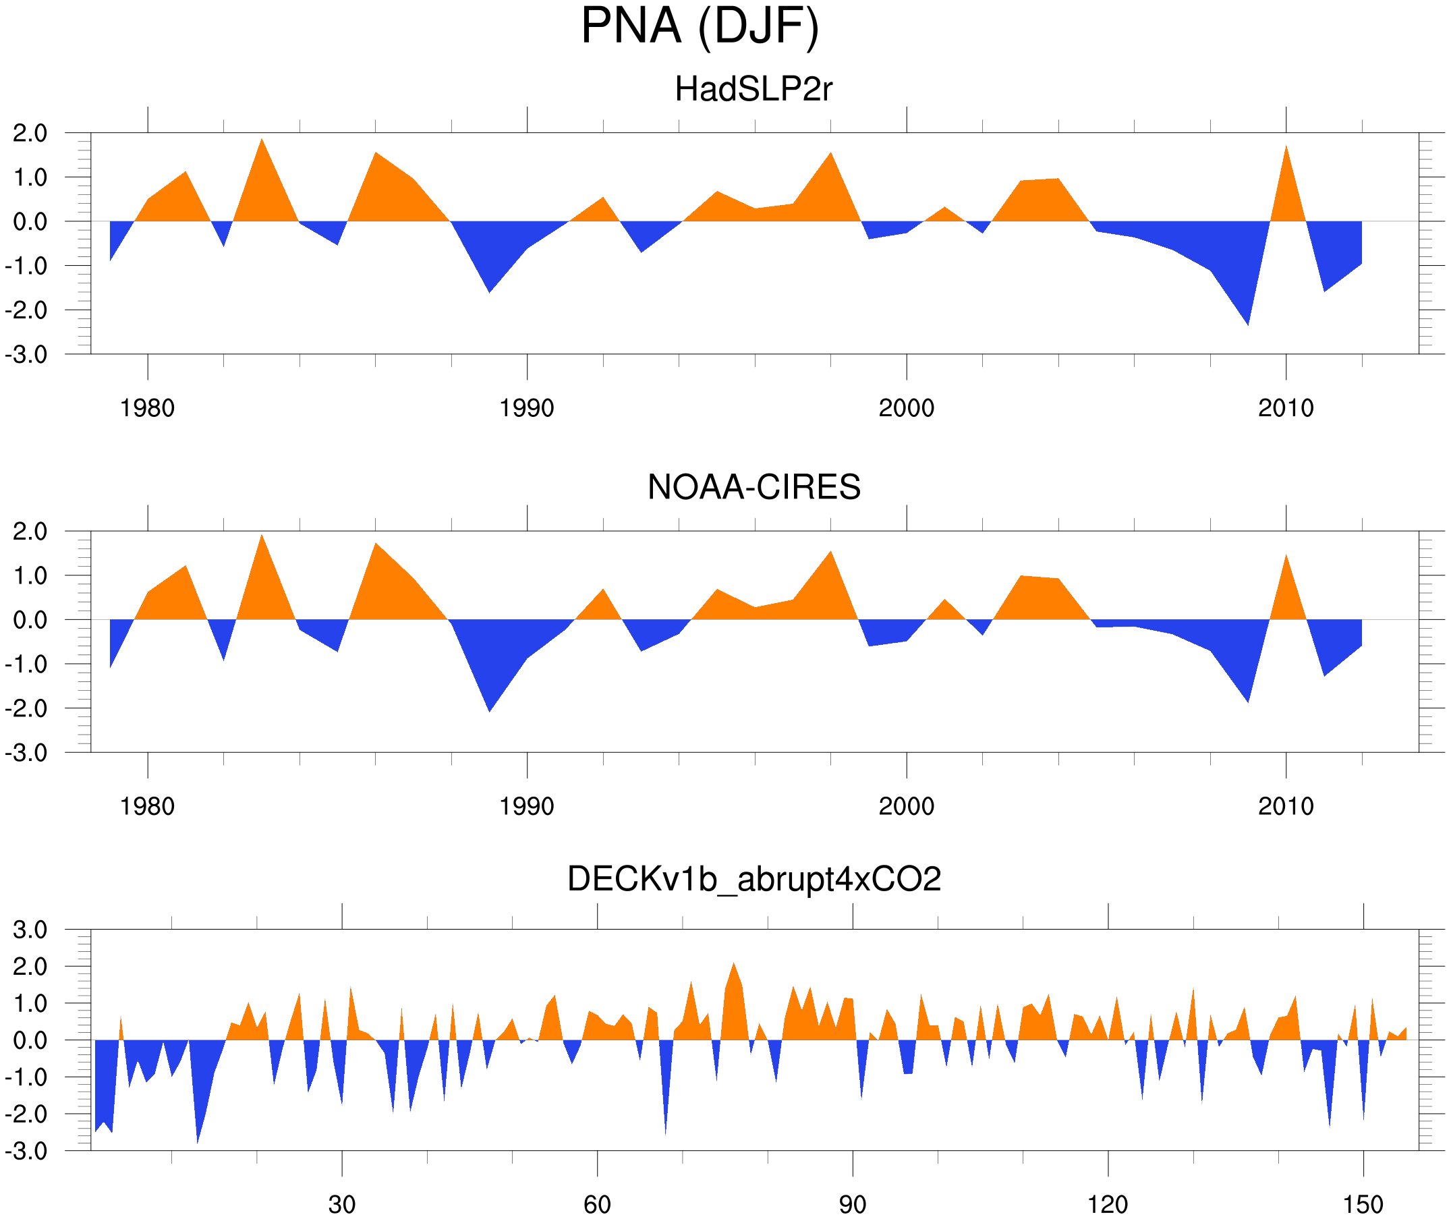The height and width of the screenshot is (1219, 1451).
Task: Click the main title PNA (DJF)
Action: point(700,26)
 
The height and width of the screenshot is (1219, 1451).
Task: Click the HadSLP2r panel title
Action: point(753,89)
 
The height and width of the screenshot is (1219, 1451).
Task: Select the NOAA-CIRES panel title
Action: point(753,487)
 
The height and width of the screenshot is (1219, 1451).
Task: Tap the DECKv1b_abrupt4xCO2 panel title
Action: point(753,879)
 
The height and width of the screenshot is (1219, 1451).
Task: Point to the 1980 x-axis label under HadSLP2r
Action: point(147,408)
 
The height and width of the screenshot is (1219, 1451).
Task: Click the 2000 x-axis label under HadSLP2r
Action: point(906,408)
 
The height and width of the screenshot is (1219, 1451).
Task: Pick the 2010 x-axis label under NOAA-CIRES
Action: point(1285,806)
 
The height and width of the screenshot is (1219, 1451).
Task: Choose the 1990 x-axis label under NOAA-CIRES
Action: point(527,806)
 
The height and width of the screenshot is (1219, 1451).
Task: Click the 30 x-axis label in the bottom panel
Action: point(341,1204)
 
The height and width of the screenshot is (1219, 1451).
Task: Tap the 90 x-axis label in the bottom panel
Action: point(852,1204)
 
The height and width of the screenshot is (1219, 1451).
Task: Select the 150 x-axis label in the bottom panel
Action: point(1363,1204)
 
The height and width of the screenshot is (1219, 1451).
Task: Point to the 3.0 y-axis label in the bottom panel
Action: point(30,930)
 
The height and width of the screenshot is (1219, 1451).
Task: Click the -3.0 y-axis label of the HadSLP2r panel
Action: point(26,355)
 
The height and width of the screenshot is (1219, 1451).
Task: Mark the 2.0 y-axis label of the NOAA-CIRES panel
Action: point(30,532)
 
